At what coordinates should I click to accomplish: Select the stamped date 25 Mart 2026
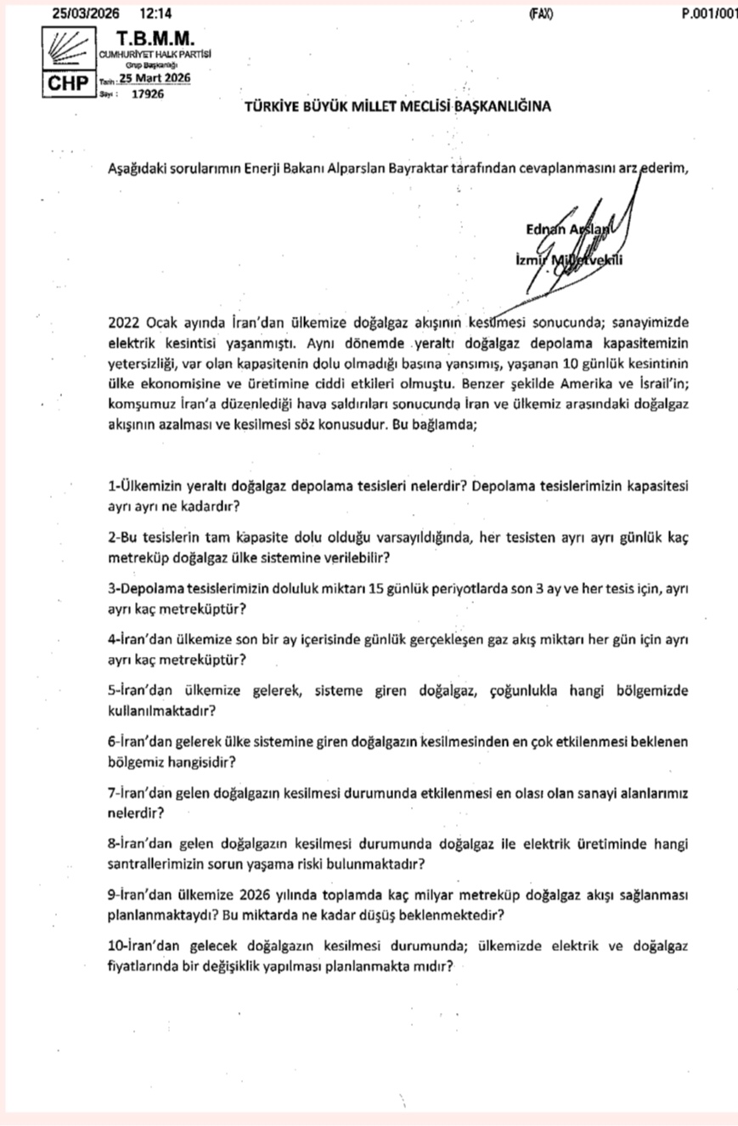pyautogui.click(x=155, y=78)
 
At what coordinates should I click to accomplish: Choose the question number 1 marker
pyautogui.click(x=112, y=488)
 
